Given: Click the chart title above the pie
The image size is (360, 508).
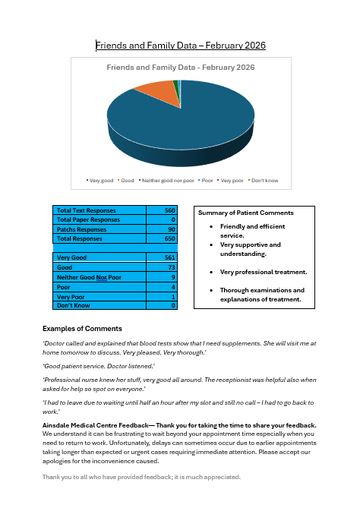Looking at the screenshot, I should click(180, 68).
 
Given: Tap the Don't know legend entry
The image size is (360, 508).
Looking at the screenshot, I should click(264, 180).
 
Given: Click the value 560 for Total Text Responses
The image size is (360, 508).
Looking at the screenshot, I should click(169, 210).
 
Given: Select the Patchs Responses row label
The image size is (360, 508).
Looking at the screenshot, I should click(83, 229).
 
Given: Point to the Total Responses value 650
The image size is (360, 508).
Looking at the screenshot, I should click(169, 238).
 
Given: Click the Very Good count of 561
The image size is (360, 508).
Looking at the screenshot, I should click(169, 257).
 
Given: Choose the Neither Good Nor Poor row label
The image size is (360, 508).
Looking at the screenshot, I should click(89, 276).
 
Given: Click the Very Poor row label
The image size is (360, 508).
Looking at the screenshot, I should click(71, 296).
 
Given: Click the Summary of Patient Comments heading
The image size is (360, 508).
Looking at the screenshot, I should click(245, 213).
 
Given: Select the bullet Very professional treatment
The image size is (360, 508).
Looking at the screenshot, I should click(263, 271).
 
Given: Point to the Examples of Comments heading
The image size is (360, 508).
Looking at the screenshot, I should click(82, 329).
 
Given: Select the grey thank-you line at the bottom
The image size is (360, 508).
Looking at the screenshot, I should click(141, 477).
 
